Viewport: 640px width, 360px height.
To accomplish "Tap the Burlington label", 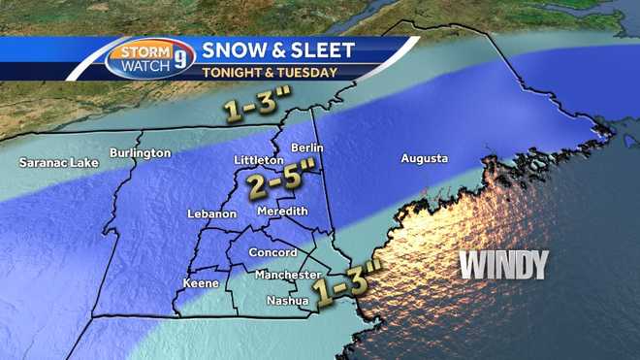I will click(140, 153).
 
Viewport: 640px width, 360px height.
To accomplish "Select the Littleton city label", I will click(258, 160).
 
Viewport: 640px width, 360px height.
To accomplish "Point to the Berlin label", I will click(305, 147).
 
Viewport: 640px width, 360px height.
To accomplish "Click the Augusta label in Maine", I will click(424, 158).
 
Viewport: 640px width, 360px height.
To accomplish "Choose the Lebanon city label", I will click(212, 213).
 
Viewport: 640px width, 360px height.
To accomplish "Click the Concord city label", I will click(273, 253).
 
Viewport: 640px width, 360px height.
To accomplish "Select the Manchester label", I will click(287, 276).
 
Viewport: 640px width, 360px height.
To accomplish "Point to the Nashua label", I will click(288, 301).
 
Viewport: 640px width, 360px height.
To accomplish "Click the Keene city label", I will click(201, 284).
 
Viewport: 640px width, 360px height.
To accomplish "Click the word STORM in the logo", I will click(143, 51).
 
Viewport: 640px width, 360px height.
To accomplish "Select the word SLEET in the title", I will click(319, 49).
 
